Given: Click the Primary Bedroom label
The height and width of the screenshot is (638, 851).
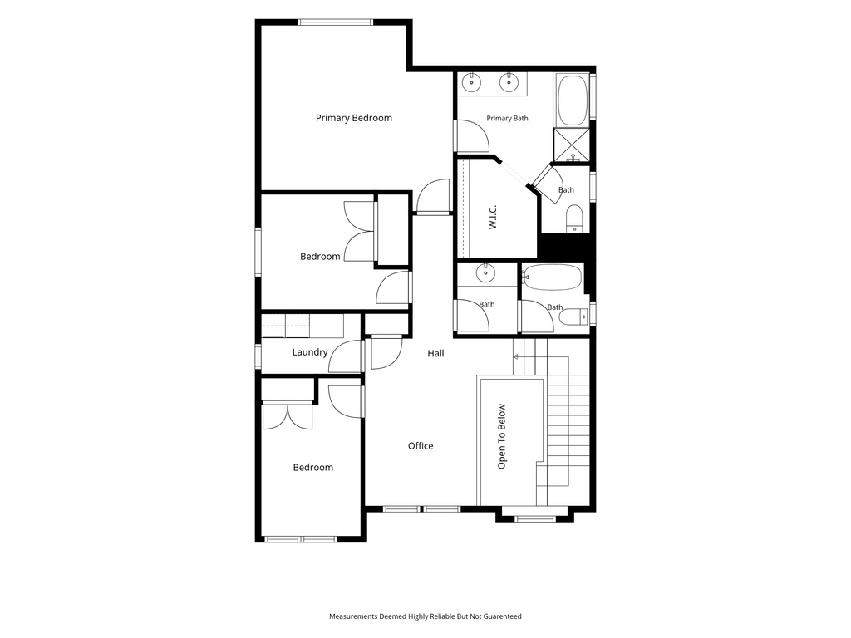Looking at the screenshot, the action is tap(354, 118).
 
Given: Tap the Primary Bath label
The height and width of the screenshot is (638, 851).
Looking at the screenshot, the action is tap(507, 118).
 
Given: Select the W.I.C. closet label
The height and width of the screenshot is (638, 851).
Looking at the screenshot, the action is tap(493, 217).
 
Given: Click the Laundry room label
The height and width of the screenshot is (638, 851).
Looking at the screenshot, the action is tap(310, 352).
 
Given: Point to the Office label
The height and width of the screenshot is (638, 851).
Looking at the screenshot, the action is tap(421, 446).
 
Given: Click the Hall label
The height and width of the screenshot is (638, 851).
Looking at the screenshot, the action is tap(435, 354).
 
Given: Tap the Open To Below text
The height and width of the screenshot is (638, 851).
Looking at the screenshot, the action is tap(501, 436).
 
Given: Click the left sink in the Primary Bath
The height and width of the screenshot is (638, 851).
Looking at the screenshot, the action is tap(472, 83).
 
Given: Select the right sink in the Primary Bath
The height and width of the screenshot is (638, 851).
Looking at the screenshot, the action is tap(509, 83).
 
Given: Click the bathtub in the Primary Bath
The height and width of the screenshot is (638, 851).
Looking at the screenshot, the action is tap(572, 101).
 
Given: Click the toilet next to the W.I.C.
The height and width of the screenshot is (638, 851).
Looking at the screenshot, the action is tap(573, 219).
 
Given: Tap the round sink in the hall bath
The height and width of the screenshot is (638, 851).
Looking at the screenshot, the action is tap(485, 272).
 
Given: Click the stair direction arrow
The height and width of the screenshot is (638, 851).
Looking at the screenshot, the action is tap(515, 357).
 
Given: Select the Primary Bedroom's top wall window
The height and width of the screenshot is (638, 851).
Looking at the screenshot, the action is tap(336, 22).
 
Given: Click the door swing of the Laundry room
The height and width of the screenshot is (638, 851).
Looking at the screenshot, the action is tap(345, 356).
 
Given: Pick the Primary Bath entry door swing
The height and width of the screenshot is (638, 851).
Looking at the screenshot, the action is tap(472, 135).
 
